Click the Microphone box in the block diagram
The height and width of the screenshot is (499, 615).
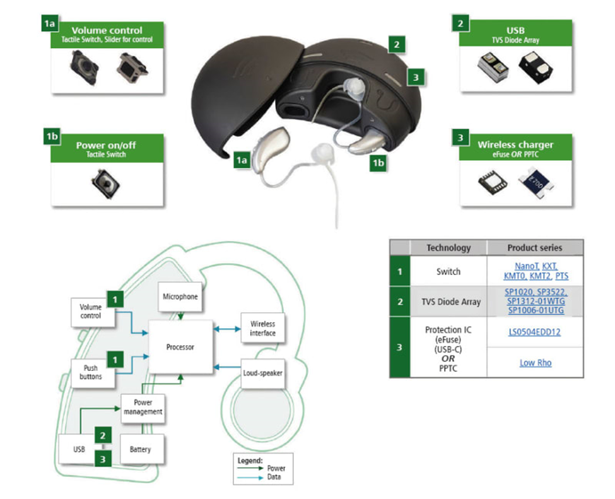[x=180, y=296]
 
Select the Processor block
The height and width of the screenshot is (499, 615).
[x=180, y=347]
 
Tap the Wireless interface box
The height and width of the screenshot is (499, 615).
[x=262, y=329]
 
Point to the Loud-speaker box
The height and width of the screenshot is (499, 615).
[x=262, y=373]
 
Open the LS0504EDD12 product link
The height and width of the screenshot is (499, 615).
[x=534, y=332]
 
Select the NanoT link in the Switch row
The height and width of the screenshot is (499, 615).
[x=526, y=266]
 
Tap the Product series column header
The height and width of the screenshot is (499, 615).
[x=534, y=248]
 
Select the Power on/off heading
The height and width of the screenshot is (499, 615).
[x=106, y=145]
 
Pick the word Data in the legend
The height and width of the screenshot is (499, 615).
[x=275, y=478]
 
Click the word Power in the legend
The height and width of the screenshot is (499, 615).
[x=276, y=469]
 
